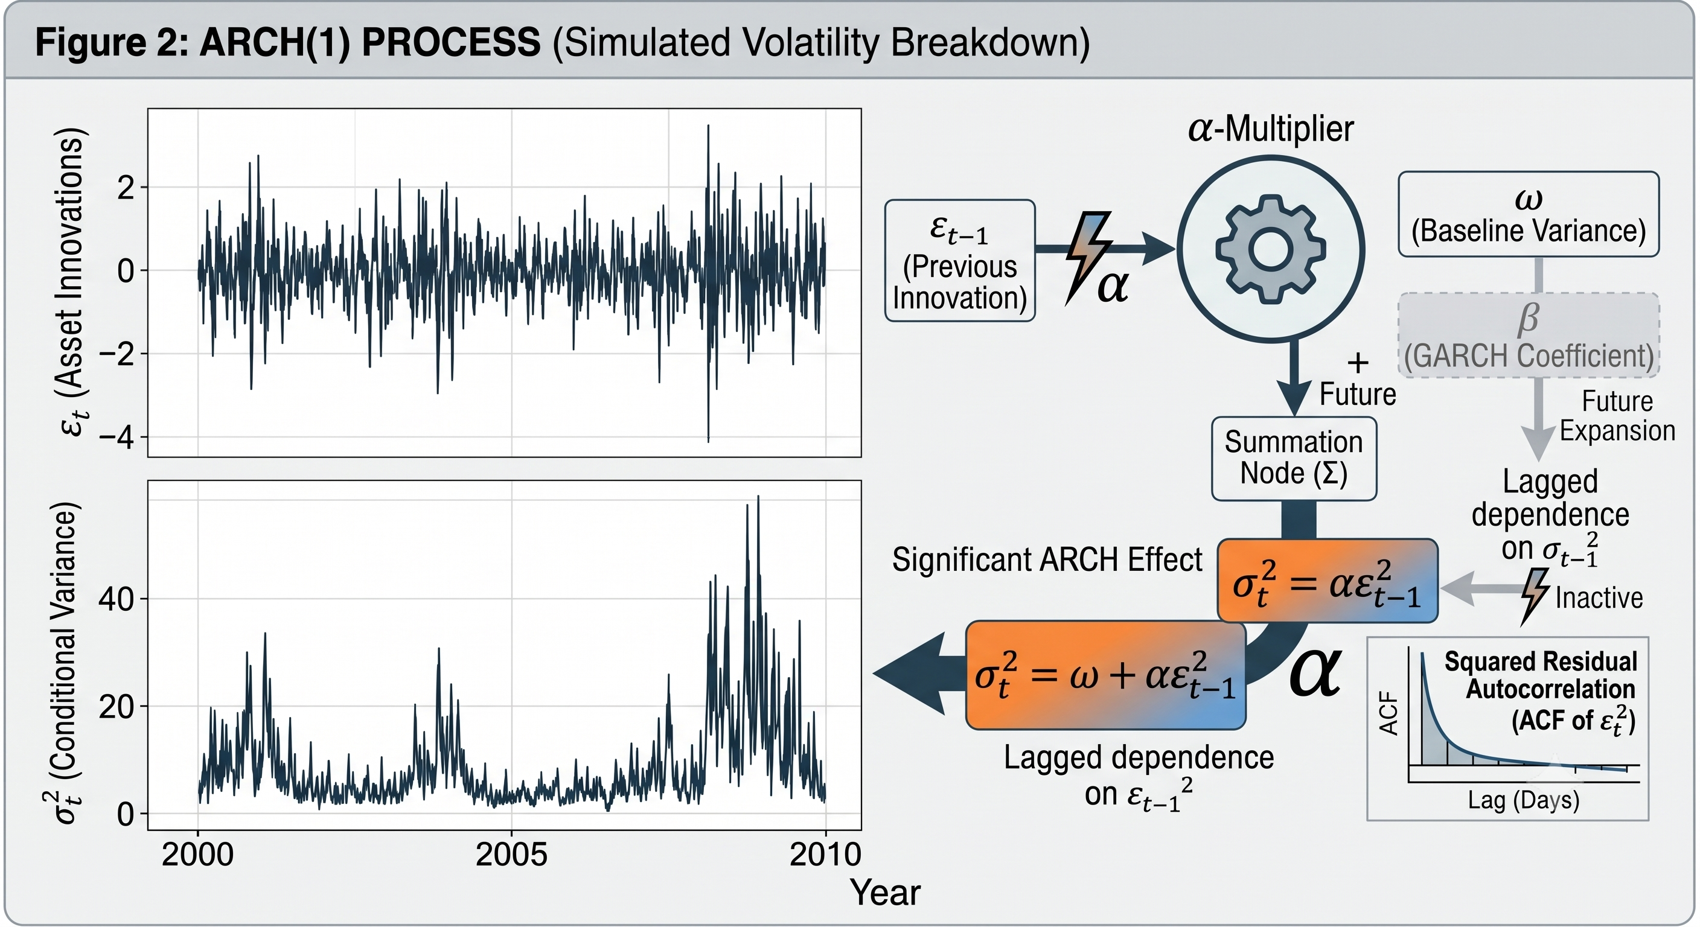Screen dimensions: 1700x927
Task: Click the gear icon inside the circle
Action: coord(1270,249)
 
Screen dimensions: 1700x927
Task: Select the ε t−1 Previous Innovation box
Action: coord(959,261)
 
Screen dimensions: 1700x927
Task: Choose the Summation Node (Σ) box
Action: coord(1294,459)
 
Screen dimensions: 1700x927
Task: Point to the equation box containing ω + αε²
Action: coord(1105,675)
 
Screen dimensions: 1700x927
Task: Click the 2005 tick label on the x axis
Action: coord(511,855)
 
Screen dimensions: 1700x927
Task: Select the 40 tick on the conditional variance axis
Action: coord(116,599)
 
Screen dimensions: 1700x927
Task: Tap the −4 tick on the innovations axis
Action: coord(116,437)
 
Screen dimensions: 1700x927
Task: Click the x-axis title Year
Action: coord(885,893)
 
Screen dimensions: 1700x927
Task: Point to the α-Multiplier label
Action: coord(1270,129)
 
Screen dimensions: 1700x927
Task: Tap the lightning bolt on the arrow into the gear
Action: coord(1089,258)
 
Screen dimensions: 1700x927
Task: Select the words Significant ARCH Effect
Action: coord(1047,560)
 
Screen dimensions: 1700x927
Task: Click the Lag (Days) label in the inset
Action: coord(1524,800)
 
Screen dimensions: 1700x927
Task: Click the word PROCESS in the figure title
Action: coord(452,42)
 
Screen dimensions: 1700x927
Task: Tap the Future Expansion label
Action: coord(1617,416)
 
